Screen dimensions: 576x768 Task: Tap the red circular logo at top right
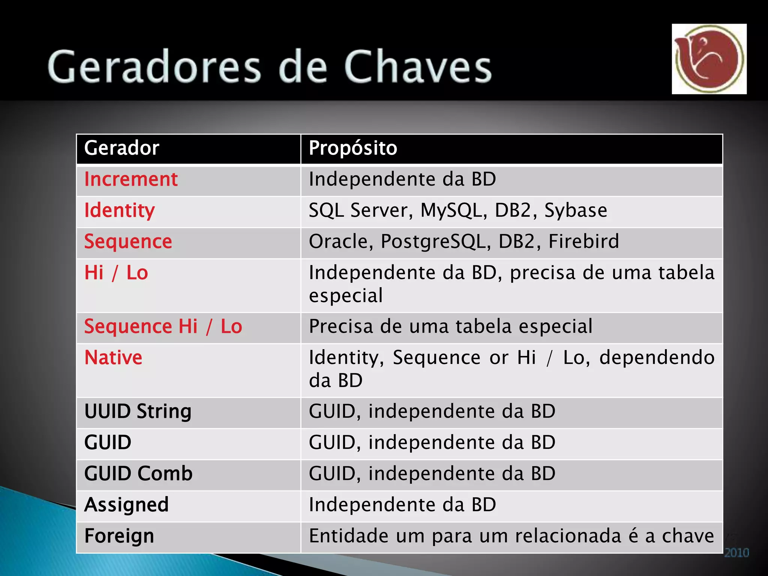pyautogui.click(x=709, y=59)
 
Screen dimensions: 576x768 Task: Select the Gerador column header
pyautogui.click(x=121, y=148)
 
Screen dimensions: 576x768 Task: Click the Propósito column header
pyautogui.click(x=352, y=148)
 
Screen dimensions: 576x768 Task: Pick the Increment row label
pyautogui.click(x=130, y=179)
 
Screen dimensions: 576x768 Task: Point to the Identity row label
pyautogui.click(x=119, y=210)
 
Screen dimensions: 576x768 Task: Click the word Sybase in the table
pyautogui.click(x=575, y=210)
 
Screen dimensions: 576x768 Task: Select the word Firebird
pyautogui.click(x=583, y=241)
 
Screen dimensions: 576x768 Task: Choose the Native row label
pyautogui.click(x=113, y=357)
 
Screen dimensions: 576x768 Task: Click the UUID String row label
pyautogui.click(x=138, y=411)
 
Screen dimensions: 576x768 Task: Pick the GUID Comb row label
pyautogui.click(x=138, y=474)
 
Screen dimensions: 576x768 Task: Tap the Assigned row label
pyautogui.click(x=126, y=505)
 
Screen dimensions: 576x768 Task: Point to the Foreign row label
pyautogui.click(x=119, y=536)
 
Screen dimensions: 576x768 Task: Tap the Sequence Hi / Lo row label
pyautogui.click(x=163, y=326)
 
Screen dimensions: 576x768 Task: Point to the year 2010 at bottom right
pyautogui.click(x=736, y=553)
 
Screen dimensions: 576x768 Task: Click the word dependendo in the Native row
pyautogui.click(x=657, y=357)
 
